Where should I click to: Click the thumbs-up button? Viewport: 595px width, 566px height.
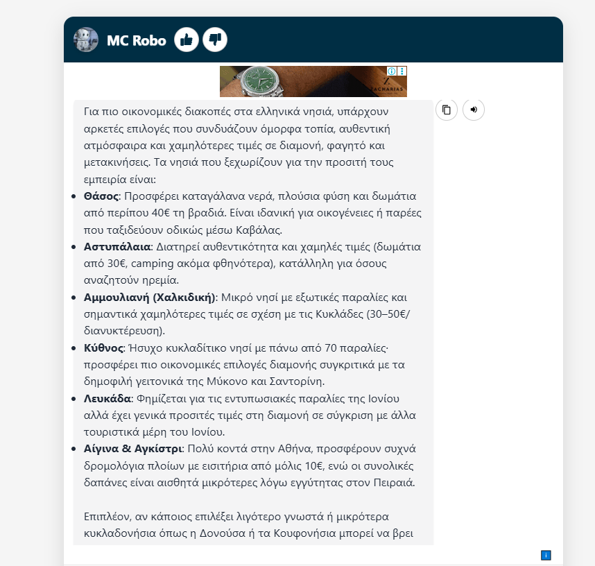coord(186,40)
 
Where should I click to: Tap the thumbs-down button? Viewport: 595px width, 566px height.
coord(215,40)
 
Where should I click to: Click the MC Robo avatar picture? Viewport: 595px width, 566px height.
coord(86,40)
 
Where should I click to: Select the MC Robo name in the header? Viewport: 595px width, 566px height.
coord(136,40)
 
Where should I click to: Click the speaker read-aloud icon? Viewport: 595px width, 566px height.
coord(474,110)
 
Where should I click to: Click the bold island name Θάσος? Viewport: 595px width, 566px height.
coord(101,196)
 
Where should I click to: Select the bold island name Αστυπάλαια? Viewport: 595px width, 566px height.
coord(117,247)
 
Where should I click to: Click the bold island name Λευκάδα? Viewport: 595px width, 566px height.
coord(107,399)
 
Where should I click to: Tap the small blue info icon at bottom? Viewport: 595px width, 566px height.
coord(546,555)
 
